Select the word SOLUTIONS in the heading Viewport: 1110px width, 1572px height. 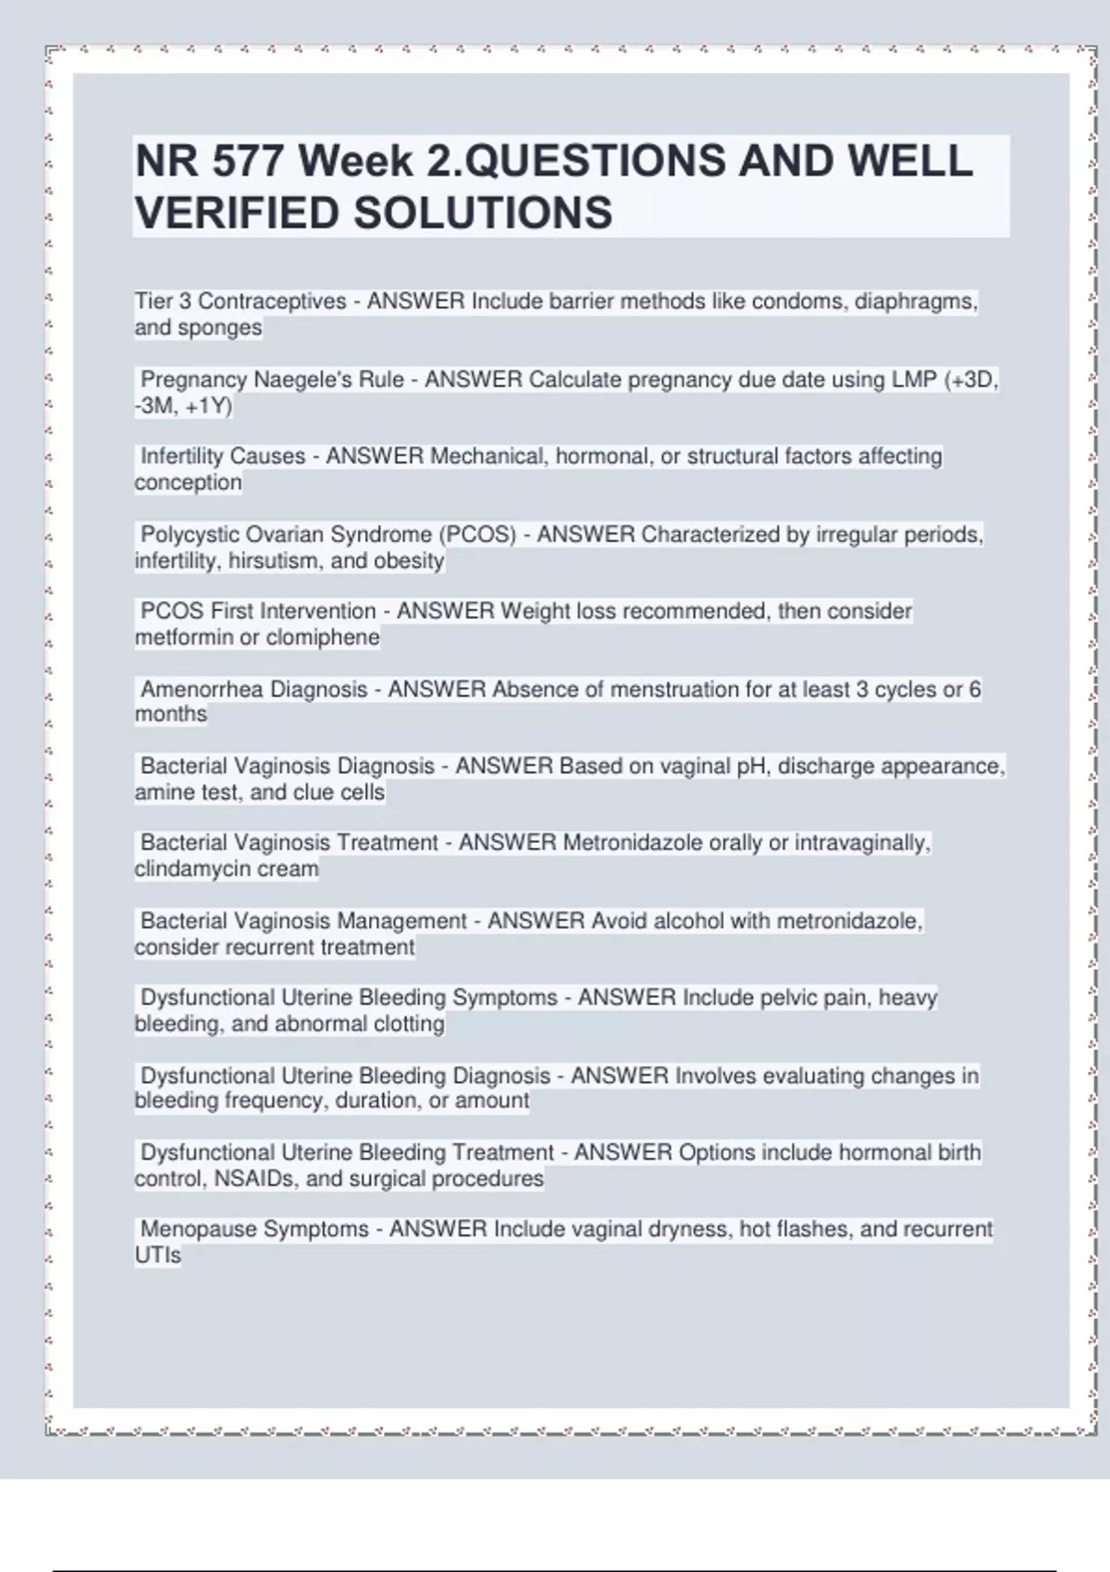(482, 213)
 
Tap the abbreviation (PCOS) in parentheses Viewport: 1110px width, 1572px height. (477, 534)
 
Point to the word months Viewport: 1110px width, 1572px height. (171, 715)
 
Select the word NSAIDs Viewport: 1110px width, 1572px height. (256, 1179)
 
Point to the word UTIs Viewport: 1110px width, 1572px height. (158, 1256)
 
